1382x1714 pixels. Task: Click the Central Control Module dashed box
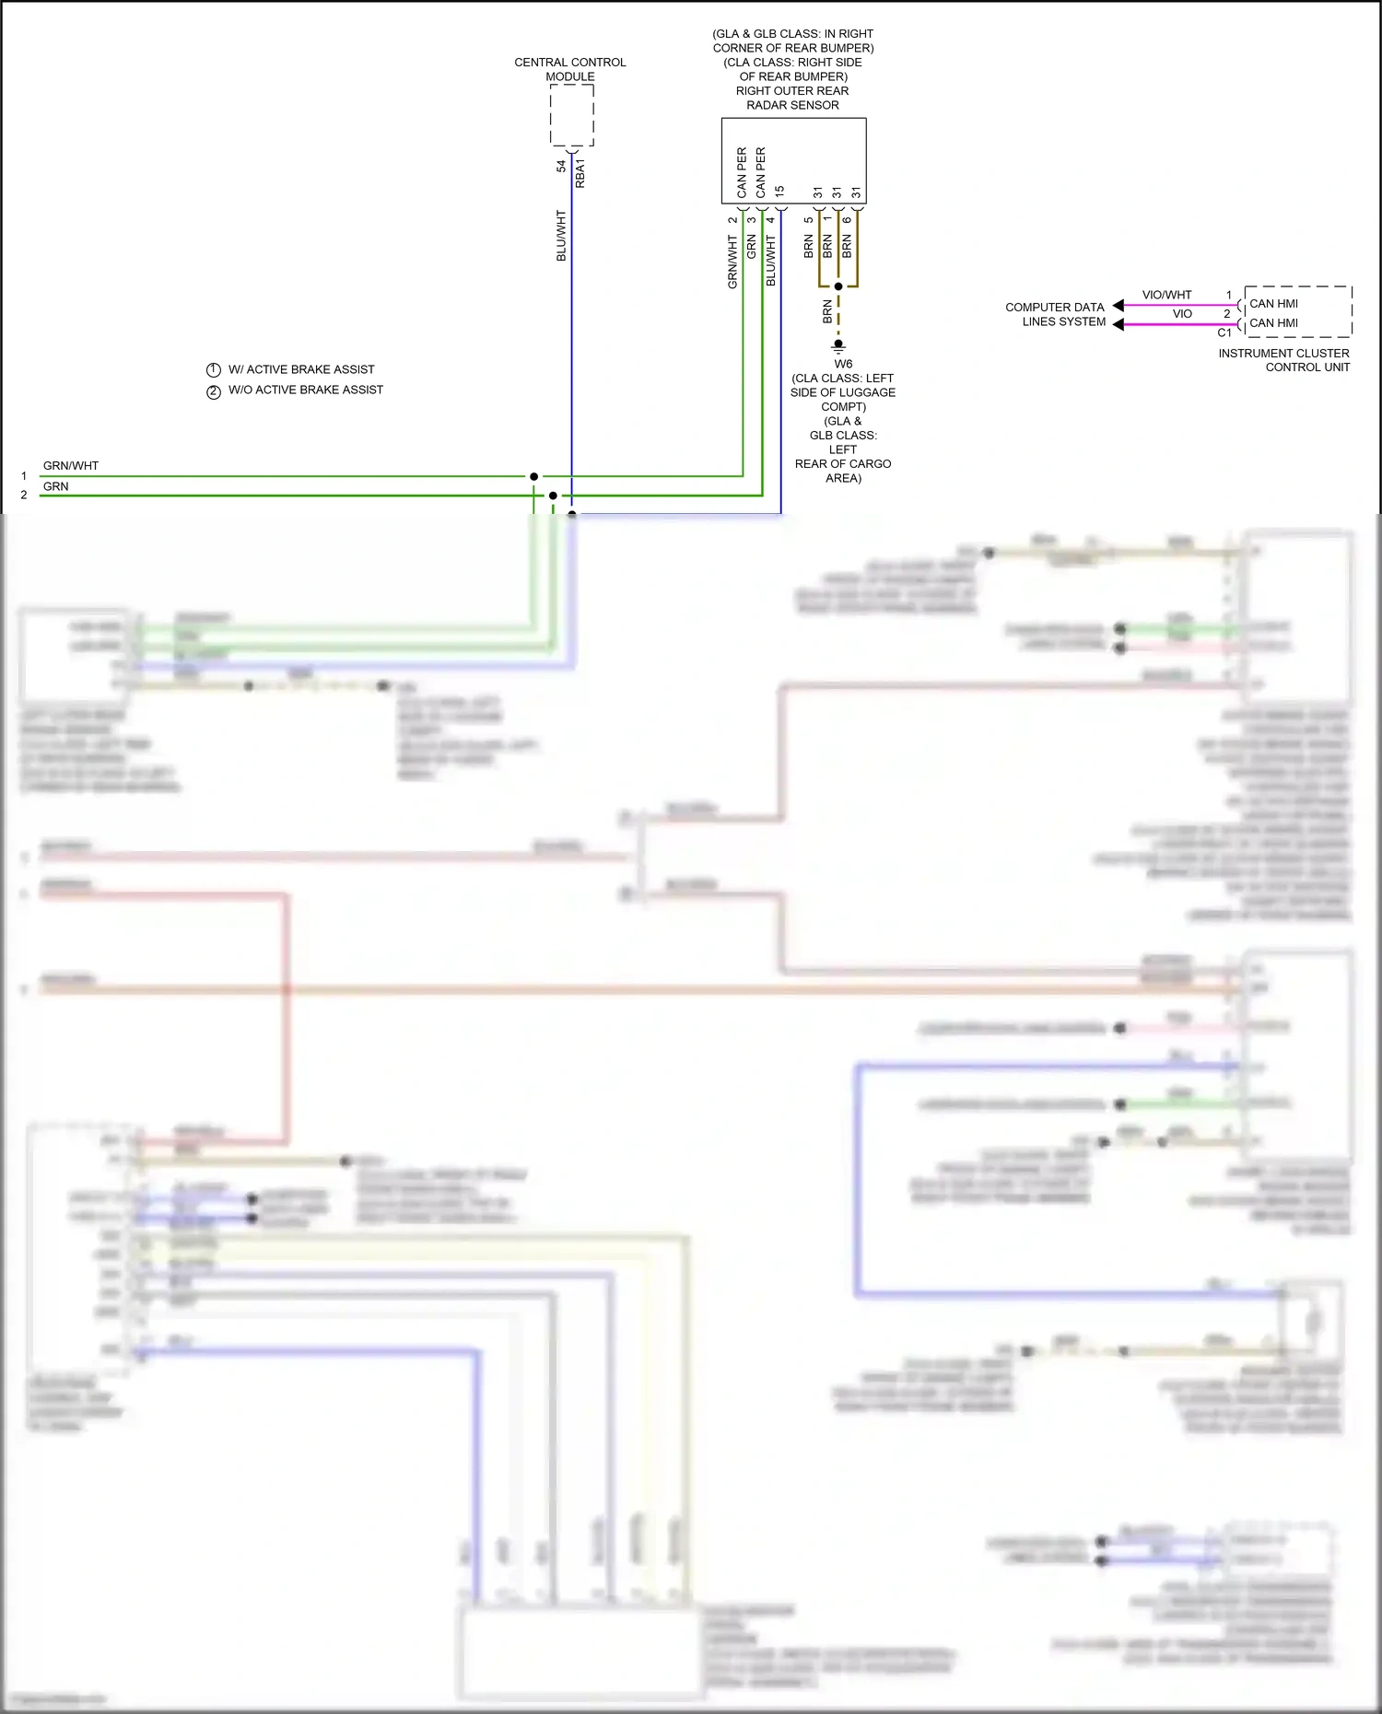(x=571, y=115)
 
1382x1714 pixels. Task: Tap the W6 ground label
(x=843, y=364)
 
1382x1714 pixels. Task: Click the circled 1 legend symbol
(x=214, y=370)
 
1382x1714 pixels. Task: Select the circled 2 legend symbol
(x=214, y=391)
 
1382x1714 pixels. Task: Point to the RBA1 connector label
(x=580, y=173)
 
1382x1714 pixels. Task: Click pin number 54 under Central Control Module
(x=561, y=167)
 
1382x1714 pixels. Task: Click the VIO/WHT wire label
(x=1166, y=295)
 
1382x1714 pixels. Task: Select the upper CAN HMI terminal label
(x=1273, y=304)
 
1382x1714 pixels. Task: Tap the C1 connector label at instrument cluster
(x=1224, y=333)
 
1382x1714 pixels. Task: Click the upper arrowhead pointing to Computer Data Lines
(x=1118, y=305)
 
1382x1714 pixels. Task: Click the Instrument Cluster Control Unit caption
(x=1283, y=360)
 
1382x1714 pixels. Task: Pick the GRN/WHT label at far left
(x=71, y=466)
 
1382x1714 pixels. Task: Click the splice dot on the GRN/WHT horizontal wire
(x=533, y=476)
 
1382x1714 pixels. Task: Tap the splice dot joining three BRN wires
(x=838, y=286)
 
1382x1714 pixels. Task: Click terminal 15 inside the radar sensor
(x=779, y=191)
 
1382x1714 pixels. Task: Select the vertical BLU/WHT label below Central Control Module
(x=561, y=236)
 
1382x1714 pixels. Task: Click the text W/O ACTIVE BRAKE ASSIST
(x=306, y=391)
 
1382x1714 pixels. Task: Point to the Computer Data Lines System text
(x=1055, y=314)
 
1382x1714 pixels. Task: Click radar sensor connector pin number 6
(x=848, y=219)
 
